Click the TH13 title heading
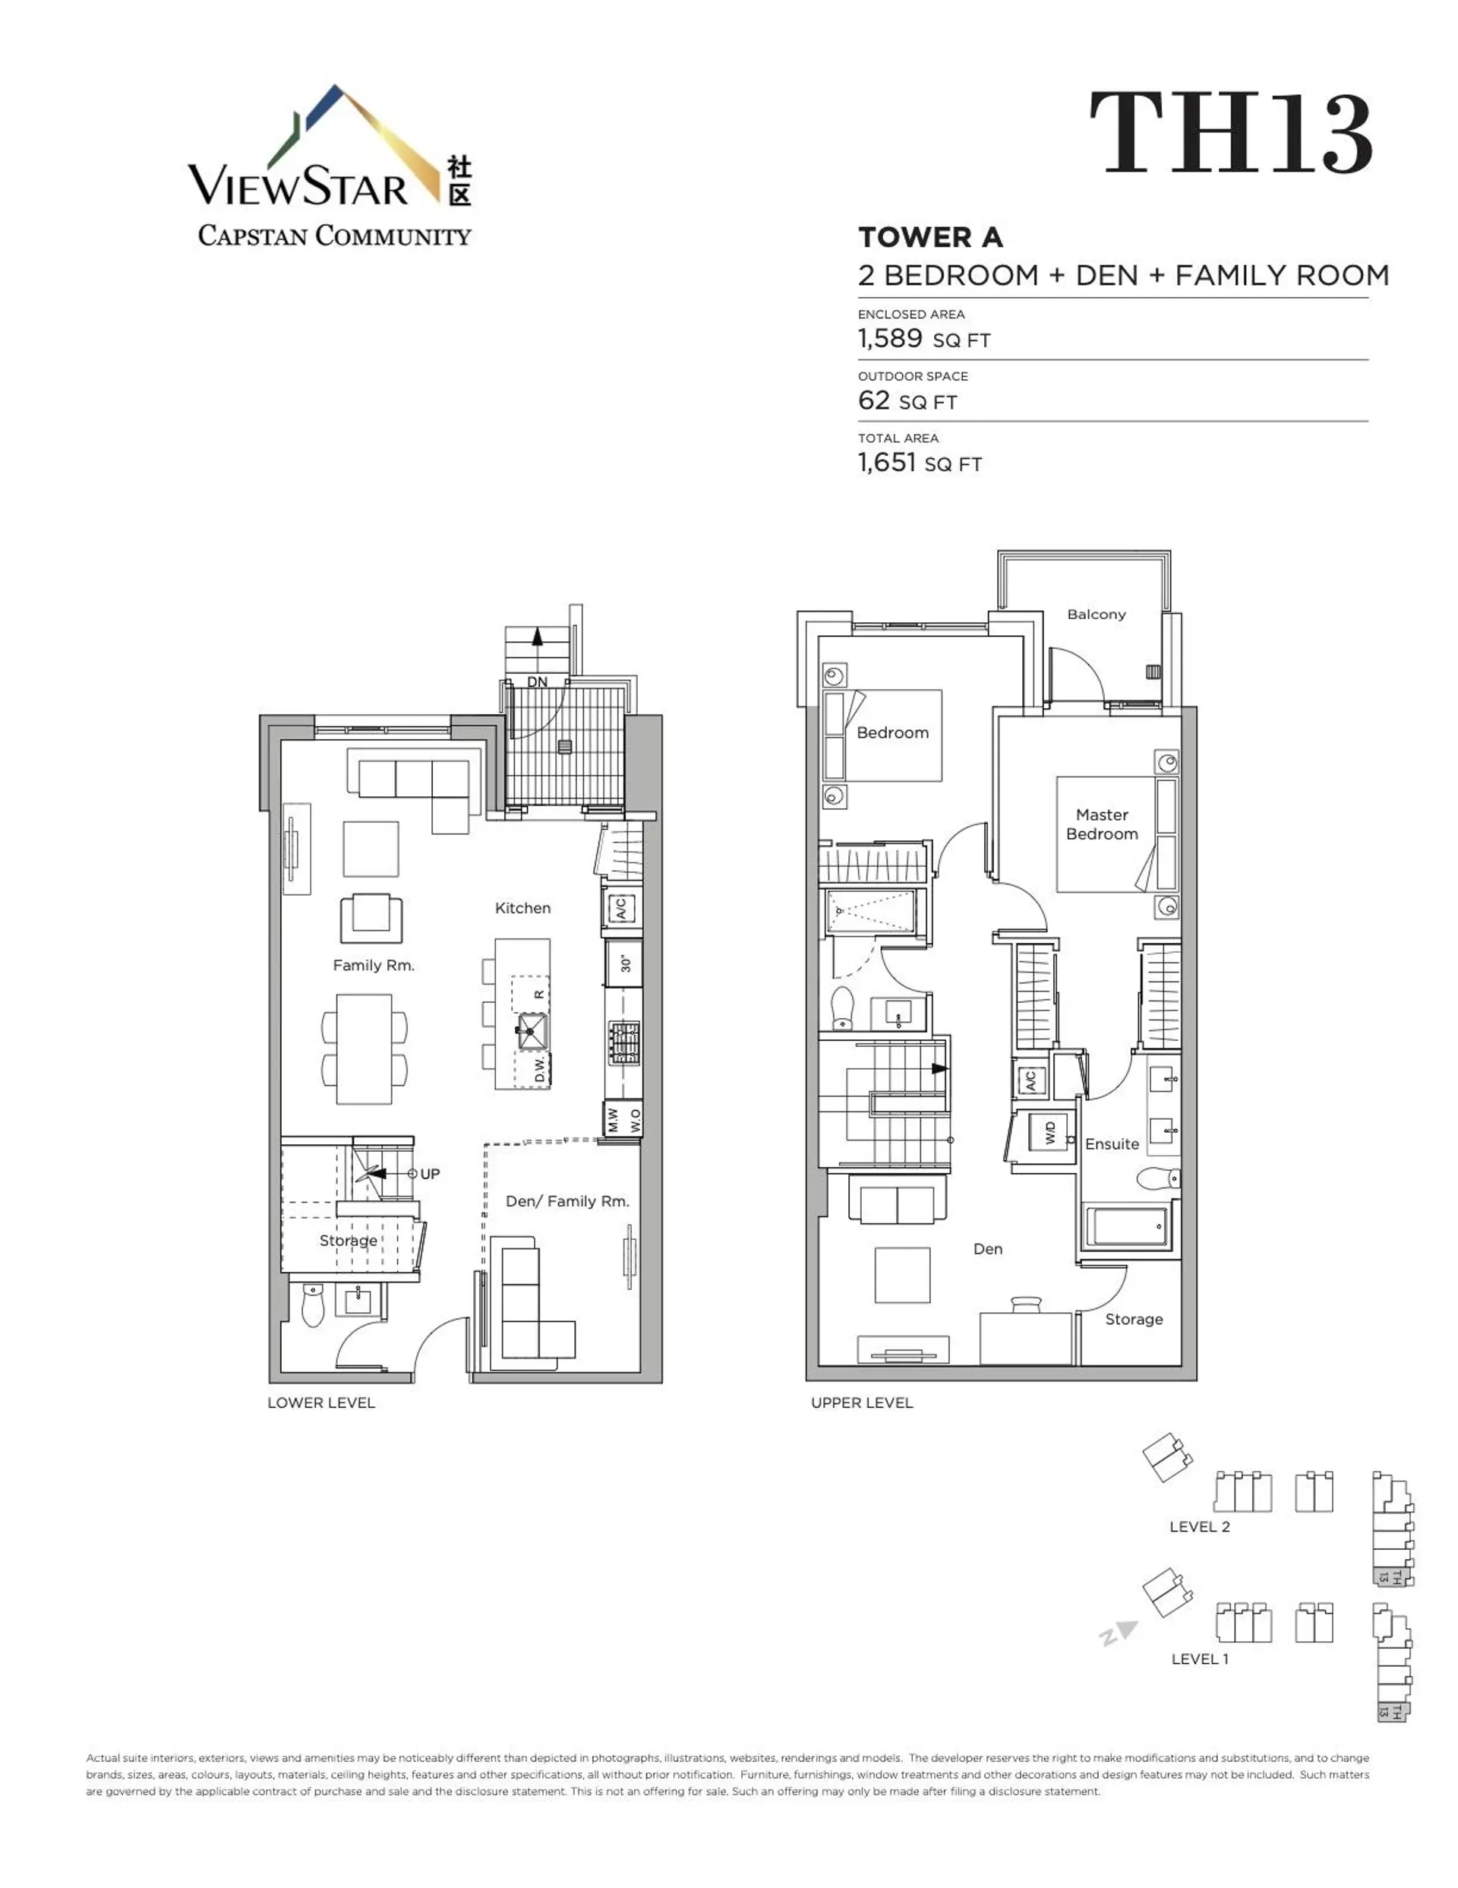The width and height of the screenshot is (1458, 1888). (x=1230, y=134)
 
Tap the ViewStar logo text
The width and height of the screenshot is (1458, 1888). (x=298, y=186)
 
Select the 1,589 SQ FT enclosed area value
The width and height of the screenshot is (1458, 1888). (x=923, y=338)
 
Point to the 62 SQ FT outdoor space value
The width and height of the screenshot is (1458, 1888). (x=907, y=400)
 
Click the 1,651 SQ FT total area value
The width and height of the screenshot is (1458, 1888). (x=919, y=463)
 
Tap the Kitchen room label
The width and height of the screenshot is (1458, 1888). (x=522, y=908)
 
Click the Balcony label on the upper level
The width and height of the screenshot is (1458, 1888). (x=1096, y=615)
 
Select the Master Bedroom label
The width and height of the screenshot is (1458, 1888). (x=1101, y=824)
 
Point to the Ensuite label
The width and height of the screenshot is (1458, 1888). (x=1112, y=1143)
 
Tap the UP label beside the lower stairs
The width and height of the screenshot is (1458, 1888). (x=430, y=1174)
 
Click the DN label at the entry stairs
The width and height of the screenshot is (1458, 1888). (x=537, y=682)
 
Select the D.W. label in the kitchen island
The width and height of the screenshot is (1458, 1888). (x=540, y=1069)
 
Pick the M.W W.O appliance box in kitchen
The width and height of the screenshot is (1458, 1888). (x=623, y=1121)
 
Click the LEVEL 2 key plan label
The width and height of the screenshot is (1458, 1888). (x=1199, y=1526)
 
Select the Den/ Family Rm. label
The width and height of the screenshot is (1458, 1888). (x=567, y=1200)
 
